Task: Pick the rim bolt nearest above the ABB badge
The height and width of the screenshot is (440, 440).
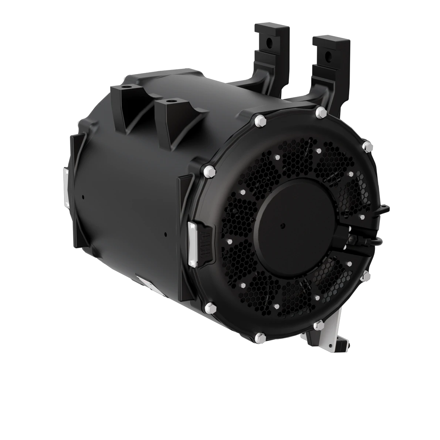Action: pos(209,170)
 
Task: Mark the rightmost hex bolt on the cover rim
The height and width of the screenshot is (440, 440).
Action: pos(366,146)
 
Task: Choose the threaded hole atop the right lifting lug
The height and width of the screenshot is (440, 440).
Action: pos(170,100)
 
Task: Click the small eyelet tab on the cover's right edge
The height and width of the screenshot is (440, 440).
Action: pos(384,210)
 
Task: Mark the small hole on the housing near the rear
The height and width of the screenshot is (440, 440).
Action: pos(83,197)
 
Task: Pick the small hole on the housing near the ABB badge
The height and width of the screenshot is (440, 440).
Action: pos(166,234)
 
